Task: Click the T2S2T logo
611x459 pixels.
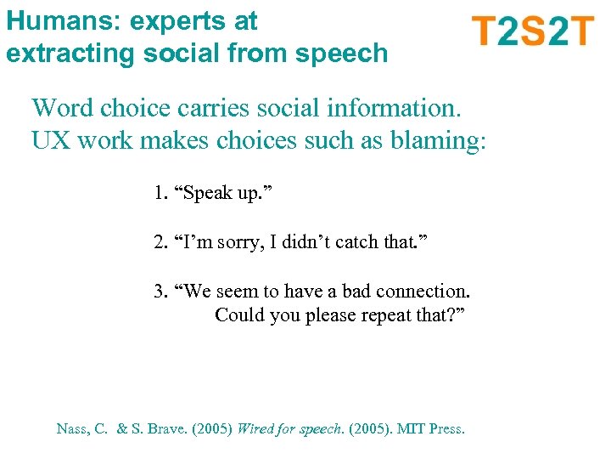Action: (532, 31)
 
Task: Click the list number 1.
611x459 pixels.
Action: (160, 194)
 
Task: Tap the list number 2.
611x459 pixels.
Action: (160, 243)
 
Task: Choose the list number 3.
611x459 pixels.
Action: (160, 292)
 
